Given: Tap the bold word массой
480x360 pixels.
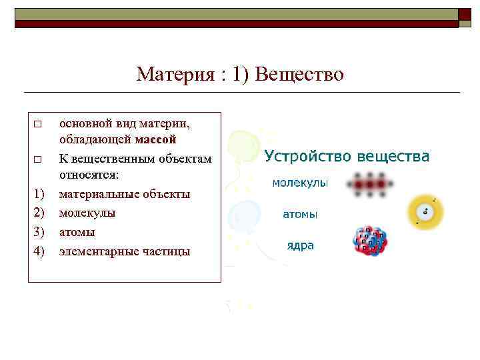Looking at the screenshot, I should pyautogui.click(x=155, y=140).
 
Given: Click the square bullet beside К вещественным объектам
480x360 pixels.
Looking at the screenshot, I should pyautogui.click(x=38, y=160).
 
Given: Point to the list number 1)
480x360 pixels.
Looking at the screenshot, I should pyautogui.click(x=39, y=194).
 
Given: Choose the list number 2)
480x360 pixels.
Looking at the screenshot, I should pyautogui.click(x=39, y=213).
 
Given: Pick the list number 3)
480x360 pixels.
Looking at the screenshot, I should pyautogui.click(x=39, y=232).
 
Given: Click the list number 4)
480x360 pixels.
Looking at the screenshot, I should pyautogui.click(x=39, y=251).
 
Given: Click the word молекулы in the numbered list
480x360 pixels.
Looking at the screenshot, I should pyautogui.click(x=87, y=213).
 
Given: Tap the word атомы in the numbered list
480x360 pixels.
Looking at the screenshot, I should pyautogui.click(x=77, y=232).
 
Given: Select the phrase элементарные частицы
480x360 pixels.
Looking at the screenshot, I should pyautogui.click(x=125, y=251).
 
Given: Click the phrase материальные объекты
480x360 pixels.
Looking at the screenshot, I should pyautogui.click(x=125, y=194).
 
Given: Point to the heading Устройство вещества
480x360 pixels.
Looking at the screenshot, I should pyautogui.click(x=347, y=157).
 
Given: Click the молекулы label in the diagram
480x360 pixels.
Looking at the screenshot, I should pyautogui.click(x=300, y=183).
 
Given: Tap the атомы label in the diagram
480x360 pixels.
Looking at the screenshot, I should pyautogui.click(x=300, y=214).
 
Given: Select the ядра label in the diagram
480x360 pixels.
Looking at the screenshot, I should pyautogui.click(x=300, y=245).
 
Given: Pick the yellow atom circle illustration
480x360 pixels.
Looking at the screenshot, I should pyautogui.click(x=425, y=212).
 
